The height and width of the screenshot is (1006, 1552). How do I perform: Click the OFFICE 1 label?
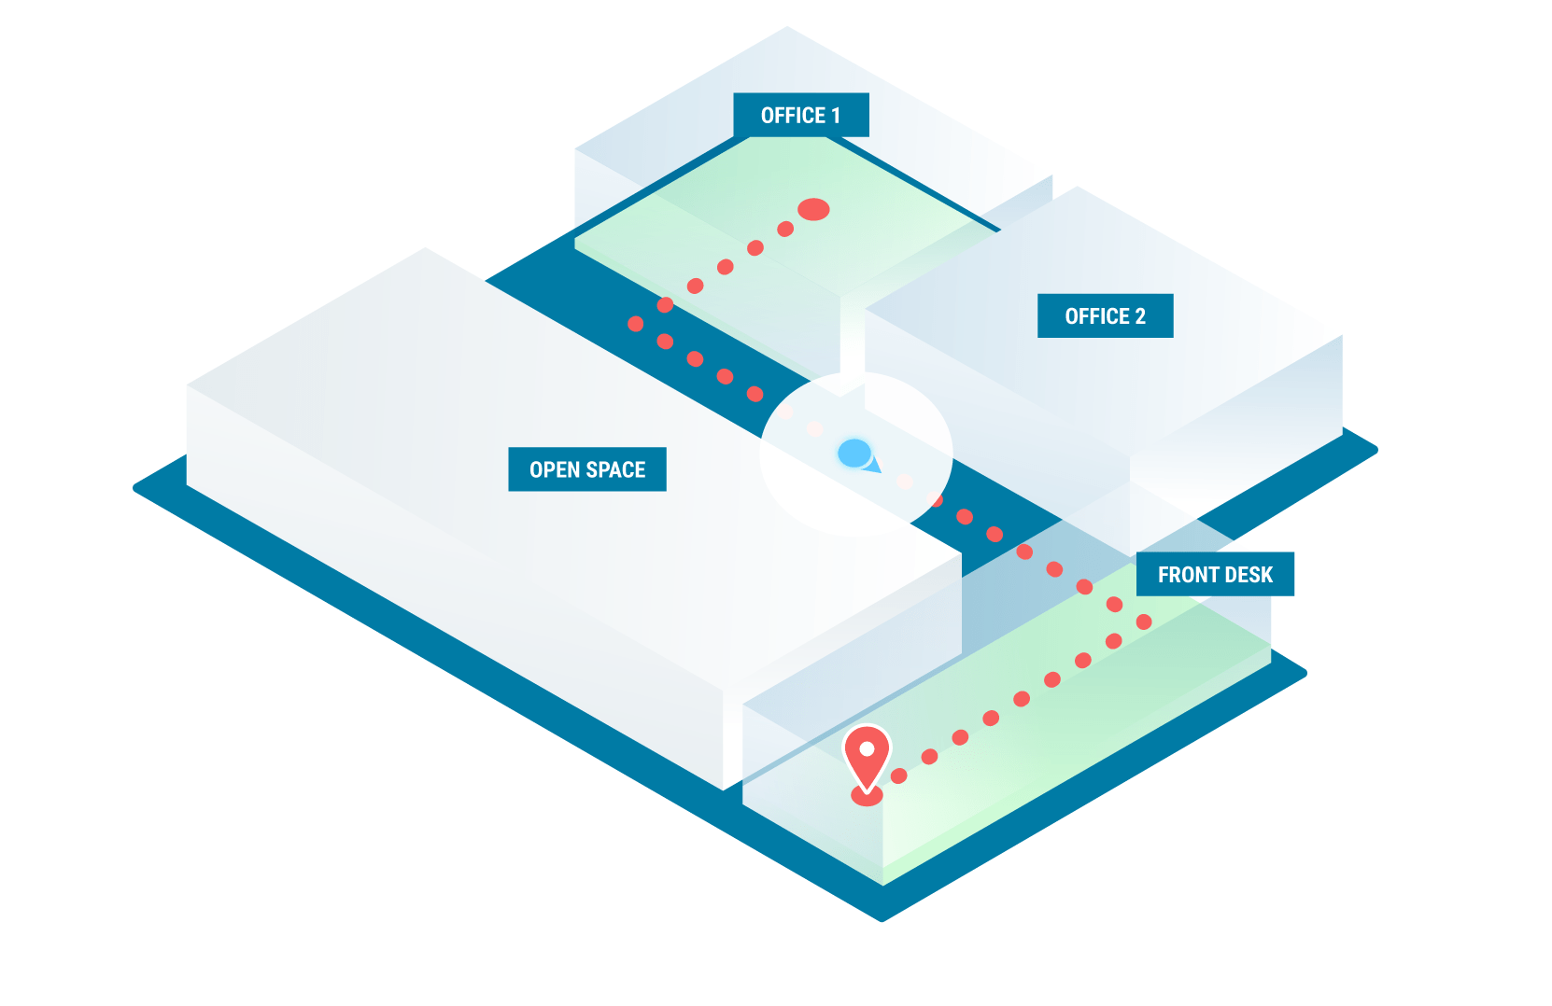pyautogui.click(x=801, y=115)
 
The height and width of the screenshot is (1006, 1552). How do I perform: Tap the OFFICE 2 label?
pyautogui.click(x=1105, y=316)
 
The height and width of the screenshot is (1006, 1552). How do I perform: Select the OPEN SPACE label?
pyautogui.click(x=587, y=469)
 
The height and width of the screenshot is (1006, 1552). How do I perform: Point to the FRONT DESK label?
pyautogui.click(x=1215, y=575)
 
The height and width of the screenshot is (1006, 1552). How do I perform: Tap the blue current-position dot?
pyautogui.click(x=854, y=454)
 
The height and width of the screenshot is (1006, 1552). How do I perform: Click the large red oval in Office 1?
pyautogui.click(x=813, y=209)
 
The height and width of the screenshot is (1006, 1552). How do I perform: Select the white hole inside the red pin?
pyautogui.click(x=867, y=748)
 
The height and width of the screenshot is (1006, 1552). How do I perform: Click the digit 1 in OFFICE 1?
pyautogui.click(x=836, y=116)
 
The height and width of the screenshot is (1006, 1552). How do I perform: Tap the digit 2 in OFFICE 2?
pyautogui.click(x=1139, y=316)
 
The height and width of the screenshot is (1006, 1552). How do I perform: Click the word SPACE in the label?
pyautogui.click(x=614, y=469)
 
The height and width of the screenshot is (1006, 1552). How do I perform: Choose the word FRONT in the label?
pyautogui.click(x=1187, y=575)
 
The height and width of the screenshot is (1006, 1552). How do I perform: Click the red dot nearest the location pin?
pyautogui.click(x=899, y=775)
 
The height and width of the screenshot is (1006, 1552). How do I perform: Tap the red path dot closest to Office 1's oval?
pyautogui.click(x=785, y=230)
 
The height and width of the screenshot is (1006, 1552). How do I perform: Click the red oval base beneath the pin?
pyautogui.click(x=867, y=797)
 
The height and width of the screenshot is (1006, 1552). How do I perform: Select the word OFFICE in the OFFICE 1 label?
pyautogui.click(x=793, y=116)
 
